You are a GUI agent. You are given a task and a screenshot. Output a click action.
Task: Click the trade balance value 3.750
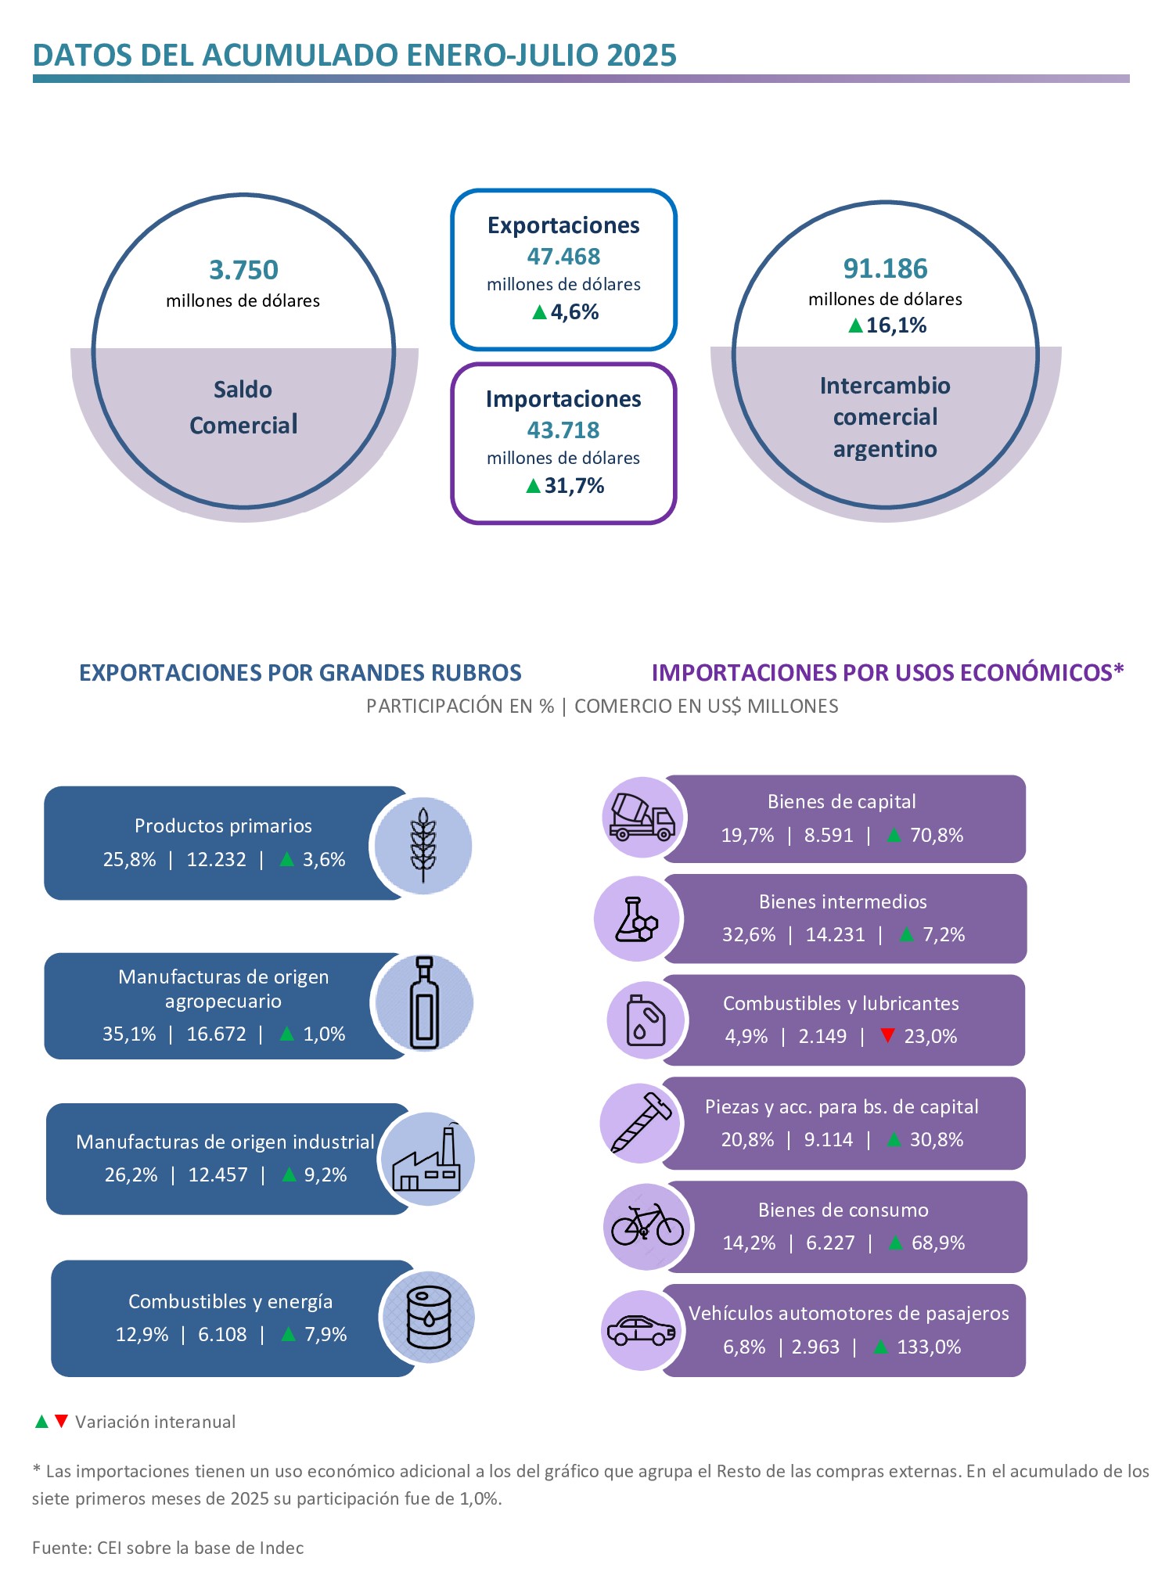(x=243, y=270)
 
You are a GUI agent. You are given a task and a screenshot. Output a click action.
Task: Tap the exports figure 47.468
(x=563, y=257)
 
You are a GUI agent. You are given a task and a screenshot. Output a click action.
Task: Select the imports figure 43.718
(x=563, y=430)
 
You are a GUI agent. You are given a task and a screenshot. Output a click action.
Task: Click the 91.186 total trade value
(x=885, y=268)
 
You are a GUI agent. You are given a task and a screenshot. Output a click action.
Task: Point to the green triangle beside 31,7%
(x=534, y=486)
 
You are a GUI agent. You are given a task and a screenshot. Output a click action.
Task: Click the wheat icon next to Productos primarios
(x=423, y=845)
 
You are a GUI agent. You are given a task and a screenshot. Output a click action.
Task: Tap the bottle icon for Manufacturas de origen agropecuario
(x=424, y=1002)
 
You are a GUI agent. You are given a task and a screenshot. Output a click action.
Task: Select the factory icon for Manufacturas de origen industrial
(x=427, y=1160)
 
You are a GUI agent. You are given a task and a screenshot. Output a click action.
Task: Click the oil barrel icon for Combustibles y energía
(x=429, y=1318)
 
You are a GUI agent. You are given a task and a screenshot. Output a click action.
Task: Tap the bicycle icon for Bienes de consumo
(x=647, y=1225)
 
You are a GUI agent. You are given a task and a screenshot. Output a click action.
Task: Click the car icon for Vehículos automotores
(x=642, y=1330)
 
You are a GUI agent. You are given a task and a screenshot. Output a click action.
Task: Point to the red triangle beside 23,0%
(x=887, y=1035)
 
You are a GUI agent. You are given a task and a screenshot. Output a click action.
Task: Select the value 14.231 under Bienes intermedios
(x=836, y=935)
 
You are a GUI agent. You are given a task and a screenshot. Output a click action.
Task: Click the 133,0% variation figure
(x=929, y=1347)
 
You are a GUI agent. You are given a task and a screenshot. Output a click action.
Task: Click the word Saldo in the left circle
(x=243, y=390)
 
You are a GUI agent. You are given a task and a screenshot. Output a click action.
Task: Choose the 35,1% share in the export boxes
(x=129, y=1034)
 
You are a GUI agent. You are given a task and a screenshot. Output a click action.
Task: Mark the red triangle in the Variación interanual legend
(x=61, y=1421)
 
